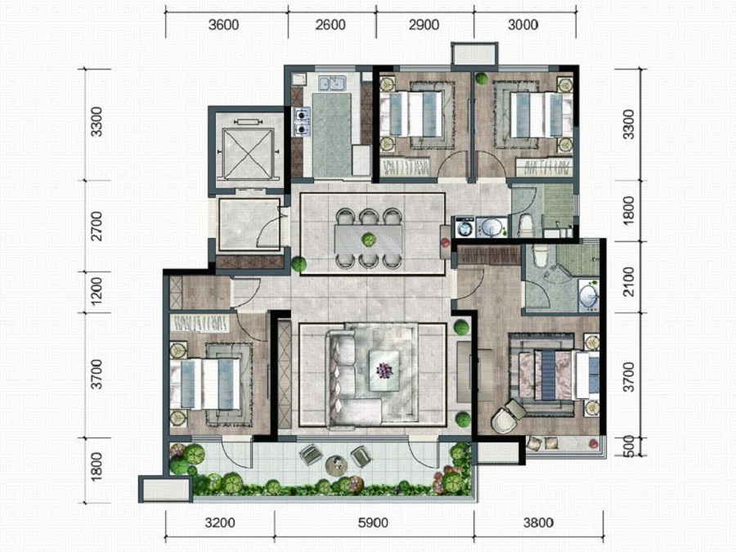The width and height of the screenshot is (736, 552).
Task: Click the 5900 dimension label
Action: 373,523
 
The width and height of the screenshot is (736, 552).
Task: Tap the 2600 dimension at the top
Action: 330,25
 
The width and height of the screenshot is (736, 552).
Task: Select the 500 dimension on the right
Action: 630,446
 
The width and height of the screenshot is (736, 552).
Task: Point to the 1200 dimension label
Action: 96,291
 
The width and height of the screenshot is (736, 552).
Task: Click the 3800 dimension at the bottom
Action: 539,523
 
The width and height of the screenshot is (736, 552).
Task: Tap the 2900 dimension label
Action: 424,25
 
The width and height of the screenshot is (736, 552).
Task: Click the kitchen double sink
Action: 332,83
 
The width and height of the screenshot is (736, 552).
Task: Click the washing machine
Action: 464,227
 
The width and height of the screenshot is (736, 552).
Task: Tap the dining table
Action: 369,240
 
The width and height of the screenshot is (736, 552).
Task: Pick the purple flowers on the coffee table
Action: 385,370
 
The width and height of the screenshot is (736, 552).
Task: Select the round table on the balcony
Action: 336,464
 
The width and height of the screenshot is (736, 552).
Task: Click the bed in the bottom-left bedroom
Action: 205,384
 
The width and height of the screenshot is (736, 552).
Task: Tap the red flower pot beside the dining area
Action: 446,243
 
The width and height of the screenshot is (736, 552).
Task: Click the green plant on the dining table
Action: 369,240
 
